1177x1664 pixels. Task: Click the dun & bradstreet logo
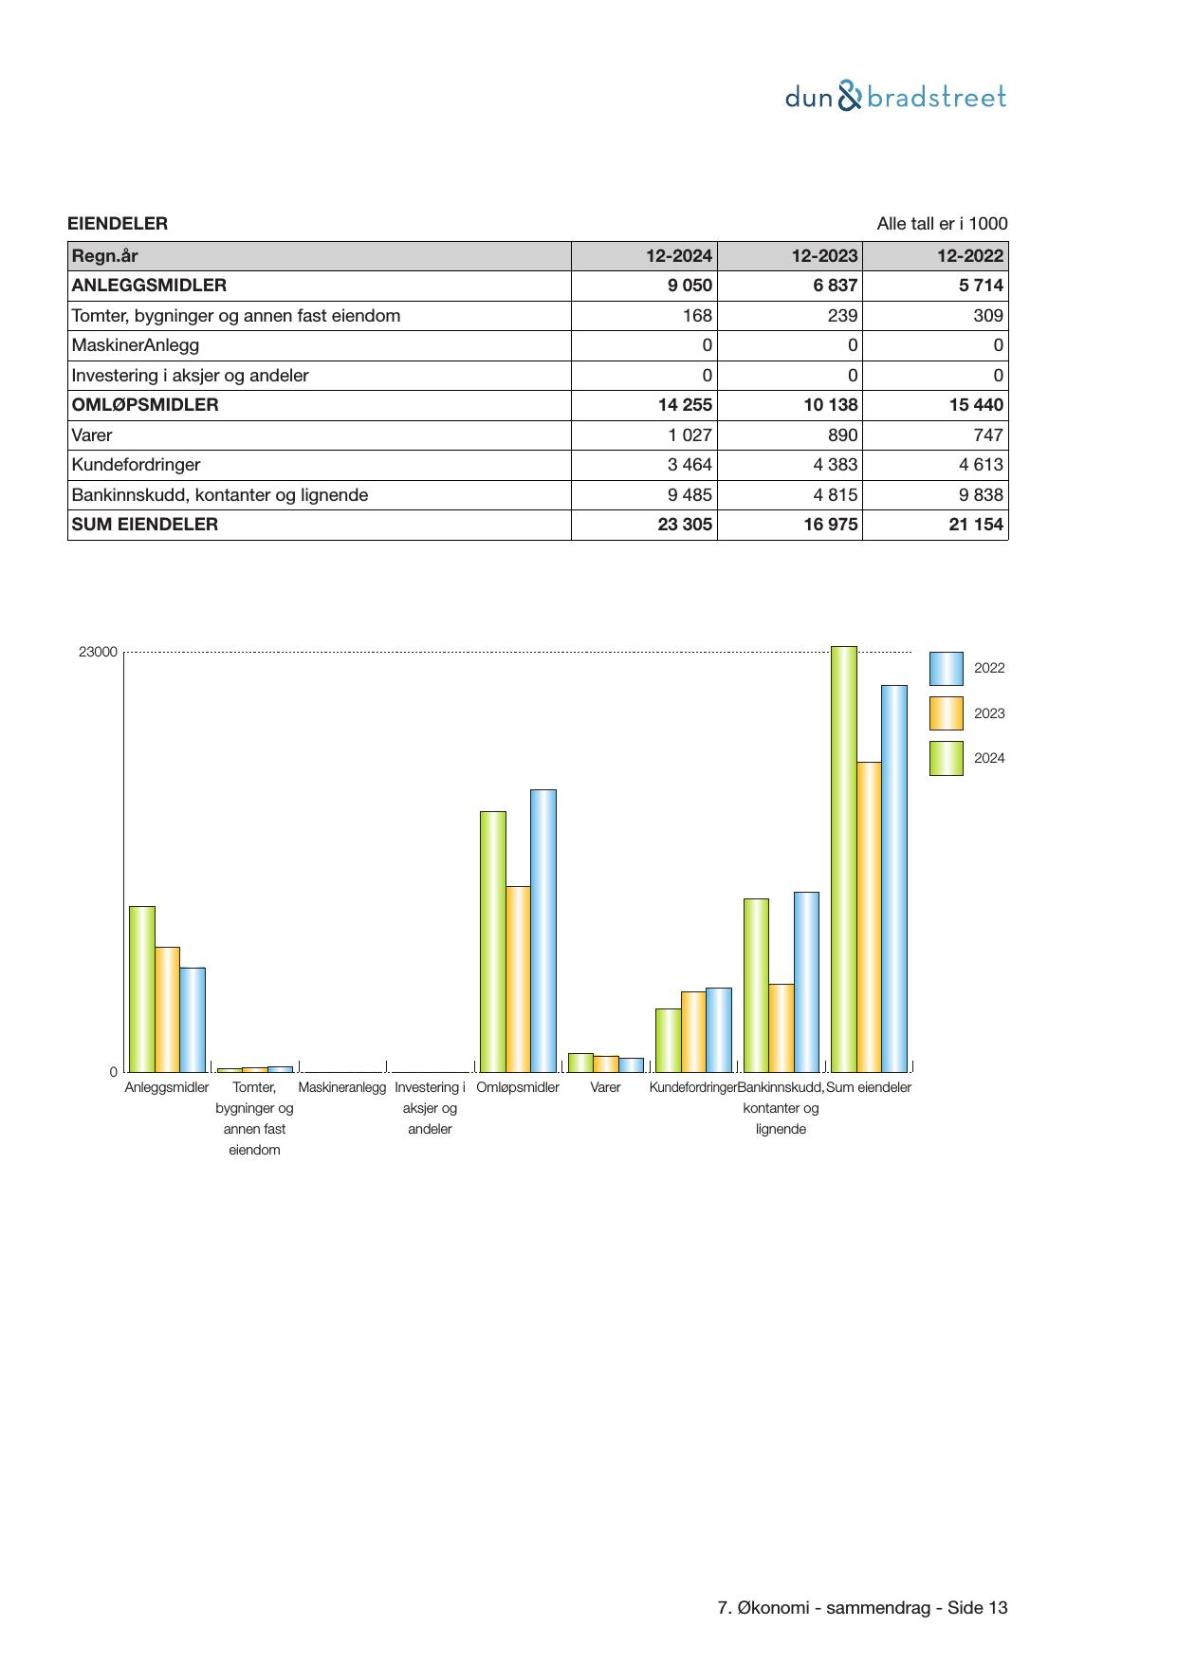coord(895,97)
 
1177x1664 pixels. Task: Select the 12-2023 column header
coord(824,256)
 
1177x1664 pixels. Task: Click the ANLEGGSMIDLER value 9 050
coord(690,286)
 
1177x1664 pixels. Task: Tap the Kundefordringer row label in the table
coord(136,465)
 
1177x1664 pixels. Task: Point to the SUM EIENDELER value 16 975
coord(830,525)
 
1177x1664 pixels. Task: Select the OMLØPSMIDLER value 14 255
coord(685,405)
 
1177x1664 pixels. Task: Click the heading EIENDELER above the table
coord(118,224)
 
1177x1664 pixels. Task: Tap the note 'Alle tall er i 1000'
coord(942,224)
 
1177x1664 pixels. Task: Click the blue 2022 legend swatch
coord(946,669)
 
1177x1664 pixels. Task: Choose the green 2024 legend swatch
coord(946,758)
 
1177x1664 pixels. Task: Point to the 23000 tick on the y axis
coord(98,652)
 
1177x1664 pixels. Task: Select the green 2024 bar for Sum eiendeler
coord(843,859)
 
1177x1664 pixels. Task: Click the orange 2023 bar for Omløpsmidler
coord(518,978)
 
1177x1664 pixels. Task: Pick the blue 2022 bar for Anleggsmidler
coord(193,1019)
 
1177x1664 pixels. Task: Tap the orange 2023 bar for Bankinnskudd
coord(781,1027)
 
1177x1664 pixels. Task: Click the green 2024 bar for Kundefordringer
coord(668,1040)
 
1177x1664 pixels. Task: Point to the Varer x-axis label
coord(605,1087)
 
